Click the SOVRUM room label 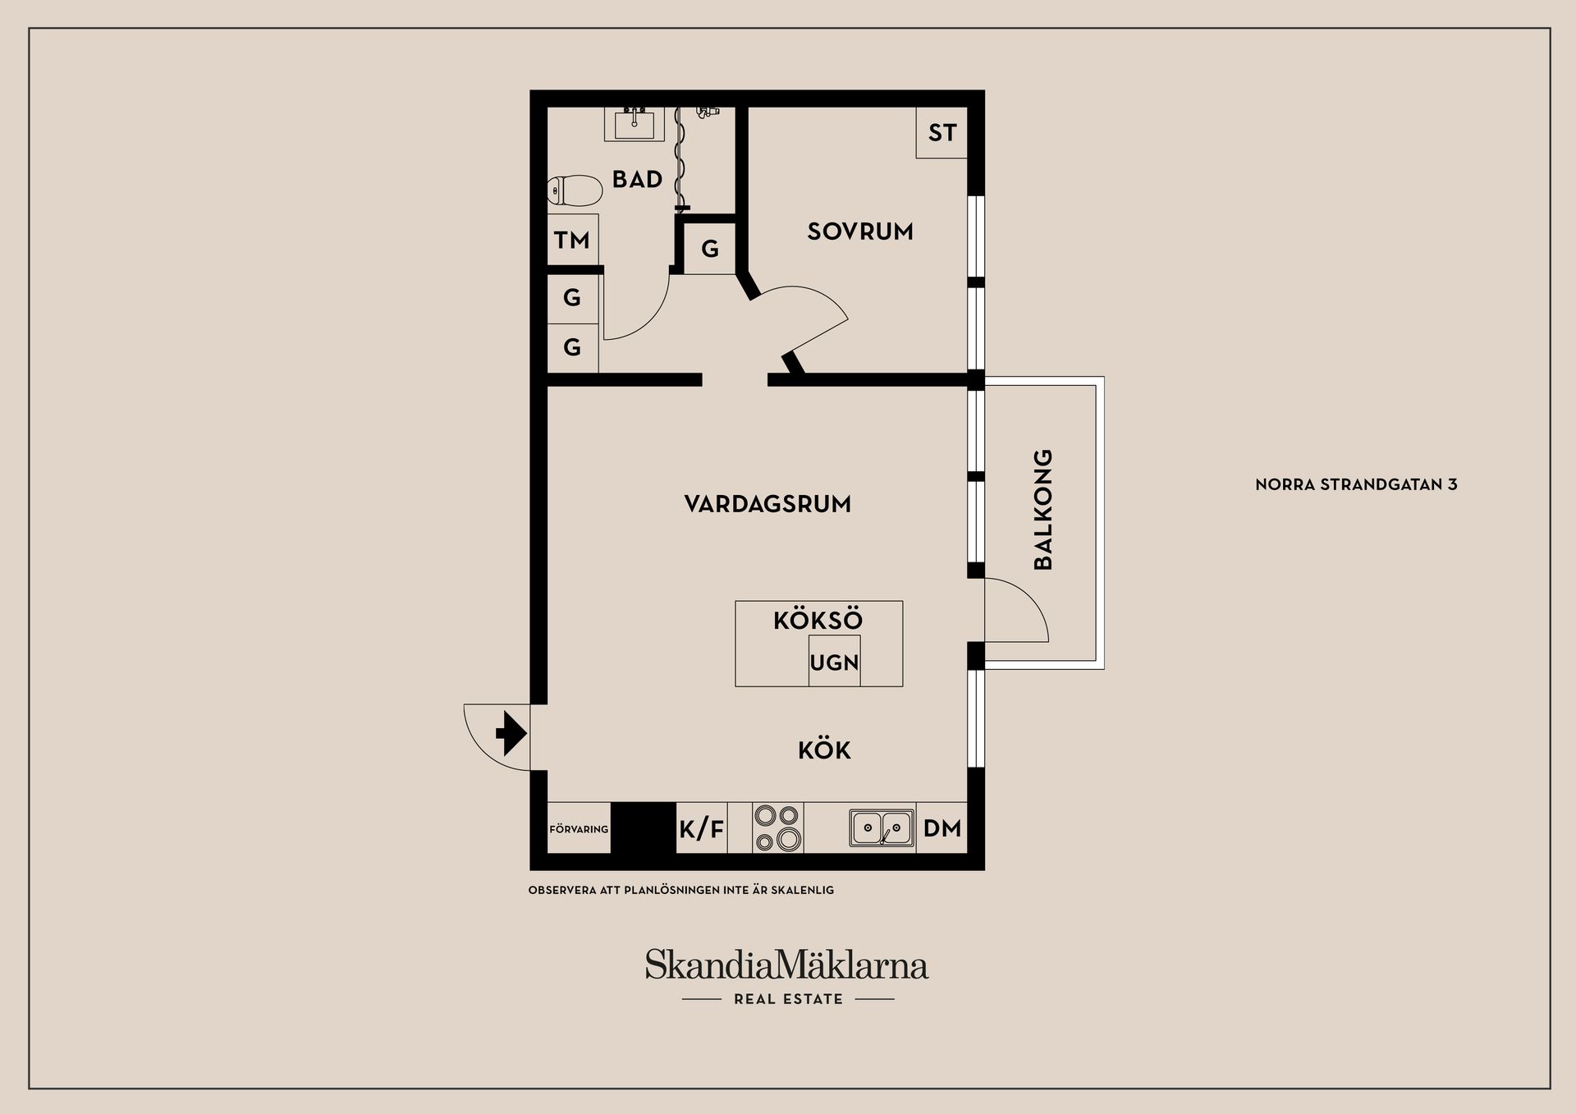point(859,232)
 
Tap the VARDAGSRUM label point(767,503)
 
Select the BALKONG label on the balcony point(1042,509)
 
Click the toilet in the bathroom point(574,190)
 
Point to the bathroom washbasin point(634,125)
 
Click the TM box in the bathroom point(572,240)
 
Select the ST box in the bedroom point(941,132)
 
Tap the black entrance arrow point(510,733)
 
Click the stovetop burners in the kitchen point(777,827)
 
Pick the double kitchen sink point(882,827)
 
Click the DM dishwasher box point(941,827)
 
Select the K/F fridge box point(702,829)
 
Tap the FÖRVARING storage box point(579,829)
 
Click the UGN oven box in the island point(834,662)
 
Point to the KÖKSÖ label point(818,620)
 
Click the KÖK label point(824,750)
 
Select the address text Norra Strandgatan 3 point(1356,484)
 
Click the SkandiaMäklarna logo point(786,965)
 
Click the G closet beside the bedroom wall point(710,248)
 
